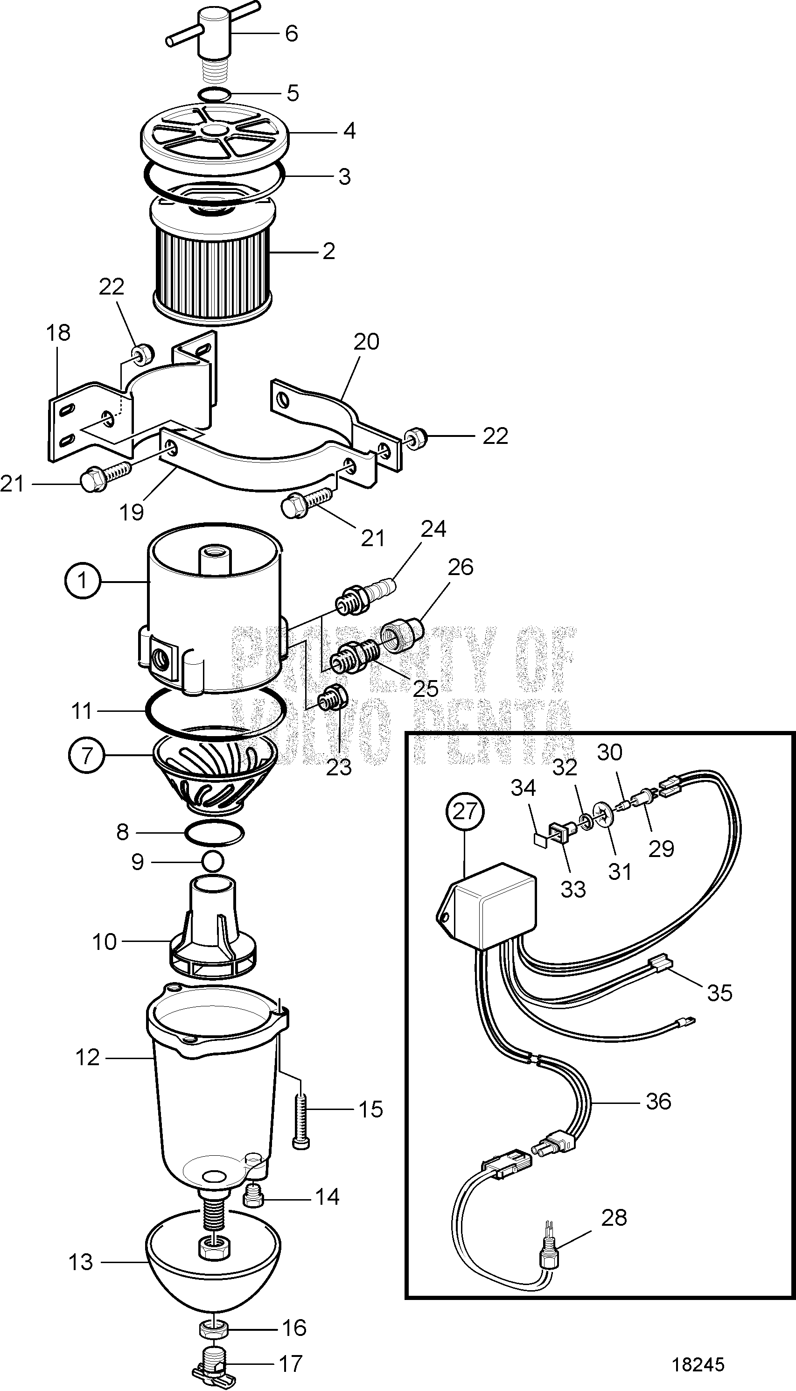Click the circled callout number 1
pyautogui.click(x=83, y=581)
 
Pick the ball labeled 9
pyautogui.click(x=213, y=862)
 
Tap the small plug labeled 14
pyautogui.click(x=253, y=1197)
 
